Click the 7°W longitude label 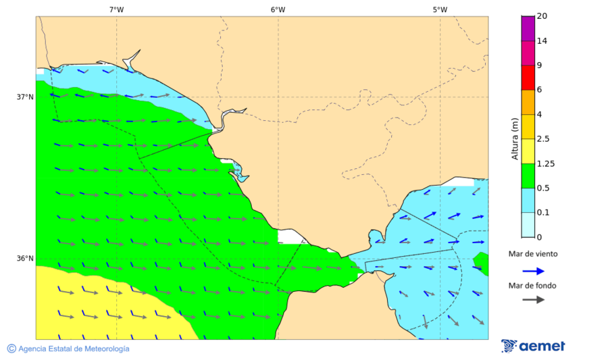[116, 9]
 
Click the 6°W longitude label [278, 9]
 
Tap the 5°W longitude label [440, 9]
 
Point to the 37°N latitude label [25, 97]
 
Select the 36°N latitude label [25, 258]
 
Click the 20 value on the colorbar [542, 16]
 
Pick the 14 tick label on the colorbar [542, 41]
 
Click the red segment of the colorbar [527, 77]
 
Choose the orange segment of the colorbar [527, 102]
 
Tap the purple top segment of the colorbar [527, 28]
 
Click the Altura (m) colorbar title [515, 138]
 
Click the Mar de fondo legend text [533, 286]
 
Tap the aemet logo [533, 346]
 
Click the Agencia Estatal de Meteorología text [73, 349]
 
